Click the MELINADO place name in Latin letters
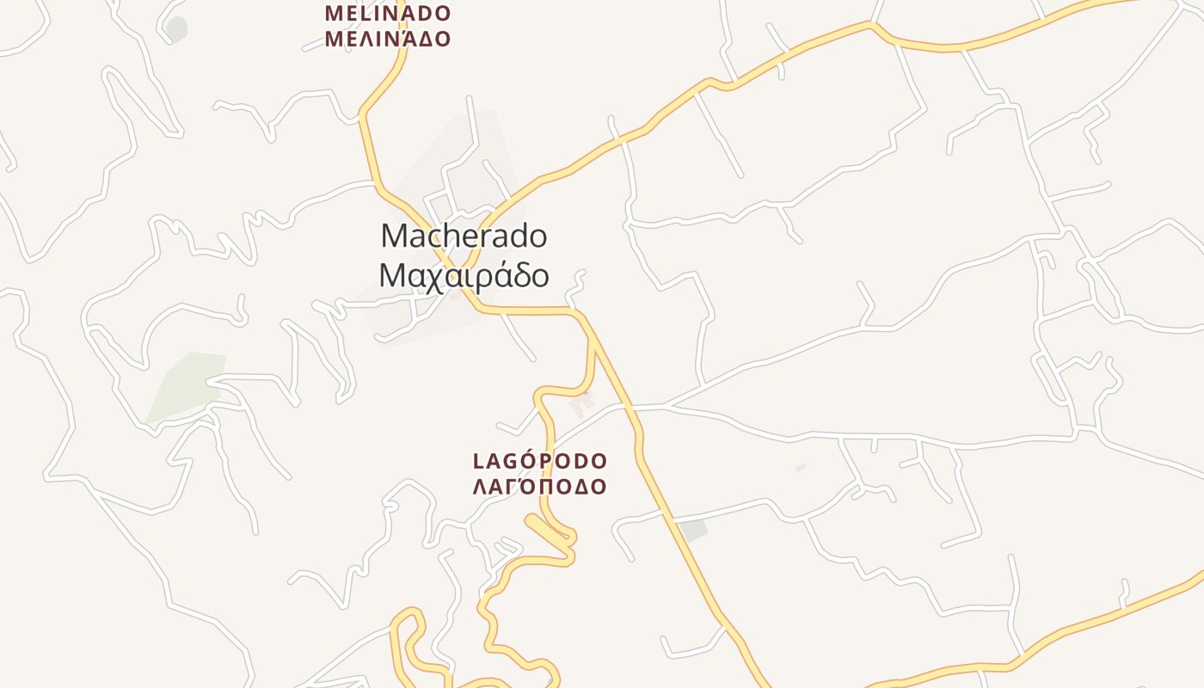(388, 14)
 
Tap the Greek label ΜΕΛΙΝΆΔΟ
(388, 39)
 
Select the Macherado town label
(464, 236)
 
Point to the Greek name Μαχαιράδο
(464, 275)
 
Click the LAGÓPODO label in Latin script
(540, 462)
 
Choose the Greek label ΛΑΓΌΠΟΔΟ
(540, 487)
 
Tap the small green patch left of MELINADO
(177, 28)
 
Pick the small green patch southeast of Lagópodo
(692, 530)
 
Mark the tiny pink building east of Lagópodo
(801, 467)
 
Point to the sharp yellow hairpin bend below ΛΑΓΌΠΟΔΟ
(531, 520)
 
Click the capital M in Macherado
(392, 236)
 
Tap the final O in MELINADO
(442, 14)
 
